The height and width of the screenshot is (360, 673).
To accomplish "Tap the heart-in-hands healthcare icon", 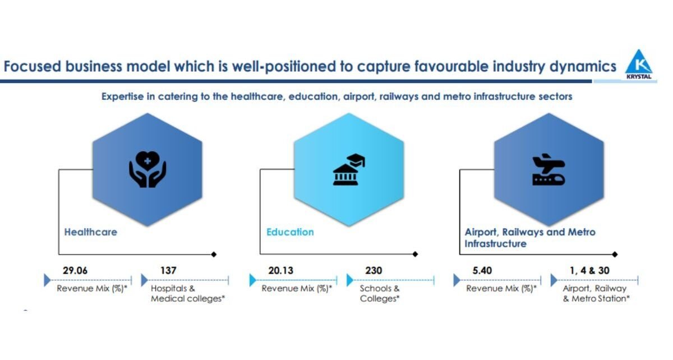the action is click(147, 169).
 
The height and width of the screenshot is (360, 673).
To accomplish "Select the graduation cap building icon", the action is click(348, 169).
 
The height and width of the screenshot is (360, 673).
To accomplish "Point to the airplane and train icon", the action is click(548, 169).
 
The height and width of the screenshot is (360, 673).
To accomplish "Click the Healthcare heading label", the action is click(91, 232).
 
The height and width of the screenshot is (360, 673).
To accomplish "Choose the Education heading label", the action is click(290, 232).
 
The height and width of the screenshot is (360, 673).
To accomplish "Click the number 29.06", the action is click(75, 270).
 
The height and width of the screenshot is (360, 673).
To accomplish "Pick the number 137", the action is click(168, 270).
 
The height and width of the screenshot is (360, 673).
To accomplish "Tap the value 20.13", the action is click(280, 270).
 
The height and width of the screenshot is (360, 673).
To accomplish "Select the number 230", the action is click(374, 270).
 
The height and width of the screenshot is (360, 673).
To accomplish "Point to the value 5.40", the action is click(482, 270).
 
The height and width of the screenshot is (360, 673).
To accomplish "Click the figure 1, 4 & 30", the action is click(590, 270).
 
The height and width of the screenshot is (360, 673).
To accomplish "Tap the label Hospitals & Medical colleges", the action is click(188, 293).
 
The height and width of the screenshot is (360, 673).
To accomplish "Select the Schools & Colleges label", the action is click(380, 293).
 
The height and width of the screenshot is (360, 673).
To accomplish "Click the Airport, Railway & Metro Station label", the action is click(596, 293).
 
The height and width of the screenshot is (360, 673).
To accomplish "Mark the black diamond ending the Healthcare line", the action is click(214, 255).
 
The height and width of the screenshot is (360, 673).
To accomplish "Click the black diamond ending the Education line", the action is click(415, 254).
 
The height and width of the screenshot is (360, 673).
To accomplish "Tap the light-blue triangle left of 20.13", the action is click(253, 280).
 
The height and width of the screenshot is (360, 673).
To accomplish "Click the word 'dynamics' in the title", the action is click(583, 66).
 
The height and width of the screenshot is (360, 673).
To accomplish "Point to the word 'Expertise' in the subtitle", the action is click(123, 97).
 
